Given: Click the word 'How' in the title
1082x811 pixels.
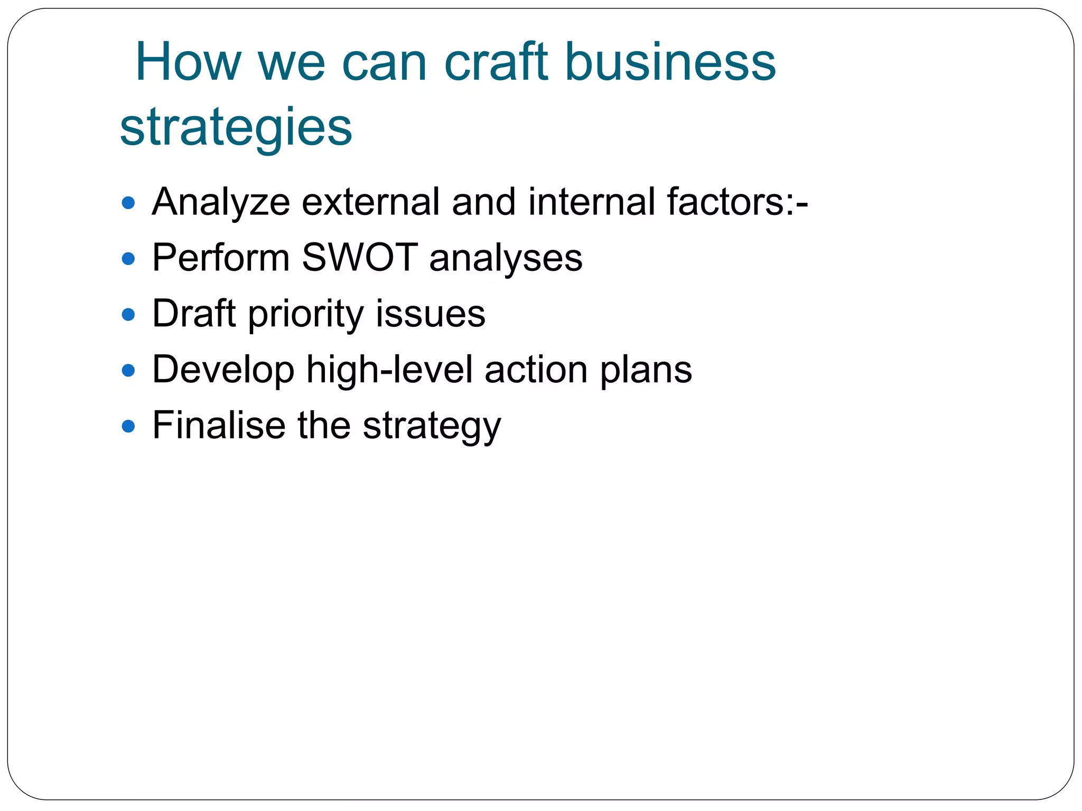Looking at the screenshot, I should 188,62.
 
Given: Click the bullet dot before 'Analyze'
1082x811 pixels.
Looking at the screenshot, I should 128,203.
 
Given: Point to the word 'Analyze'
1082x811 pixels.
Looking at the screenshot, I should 221,203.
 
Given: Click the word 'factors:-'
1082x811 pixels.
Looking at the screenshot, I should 737,202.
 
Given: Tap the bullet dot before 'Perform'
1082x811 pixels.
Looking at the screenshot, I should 128,259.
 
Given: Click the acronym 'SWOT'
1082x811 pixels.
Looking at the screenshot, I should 360,258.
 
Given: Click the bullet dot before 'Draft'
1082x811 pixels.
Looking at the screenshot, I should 128,315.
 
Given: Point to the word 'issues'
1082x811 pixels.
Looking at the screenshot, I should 431,314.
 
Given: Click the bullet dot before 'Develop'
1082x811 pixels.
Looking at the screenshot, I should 128,371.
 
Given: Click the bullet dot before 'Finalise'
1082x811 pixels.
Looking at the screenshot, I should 128,426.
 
